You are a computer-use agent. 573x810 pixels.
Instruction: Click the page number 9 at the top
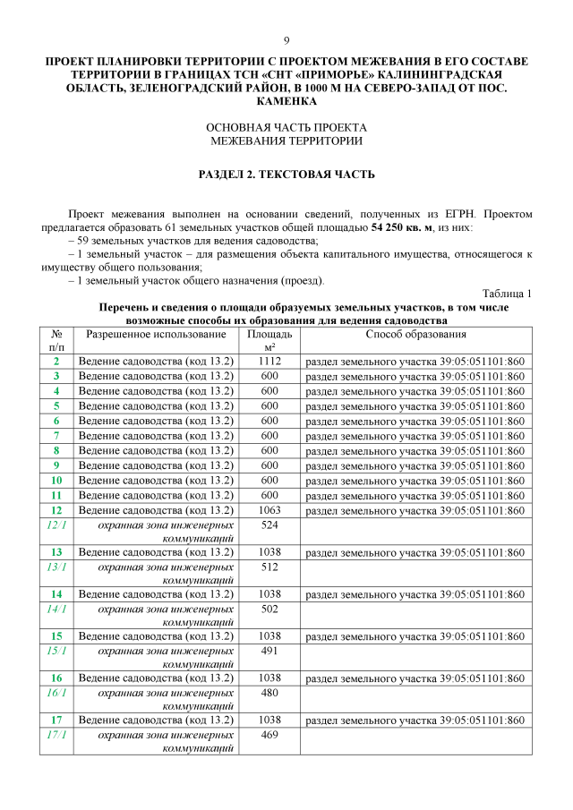286,41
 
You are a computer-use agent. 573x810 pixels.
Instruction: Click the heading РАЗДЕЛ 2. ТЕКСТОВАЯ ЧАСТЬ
286,174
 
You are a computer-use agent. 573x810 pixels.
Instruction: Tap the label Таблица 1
507,294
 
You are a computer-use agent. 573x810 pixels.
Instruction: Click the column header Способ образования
415,334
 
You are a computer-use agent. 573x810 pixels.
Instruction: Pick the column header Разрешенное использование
156,334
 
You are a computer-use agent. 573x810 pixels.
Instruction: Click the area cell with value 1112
269,361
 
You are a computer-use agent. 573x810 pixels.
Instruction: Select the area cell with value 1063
269,510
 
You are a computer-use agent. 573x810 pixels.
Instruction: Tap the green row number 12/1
56,525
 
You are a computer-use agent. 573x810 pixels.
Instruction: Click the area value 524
269,525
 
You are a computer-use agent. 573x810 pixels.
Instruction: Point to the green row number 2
56,361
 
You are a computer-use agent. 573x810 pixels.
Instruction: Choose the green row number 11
56,495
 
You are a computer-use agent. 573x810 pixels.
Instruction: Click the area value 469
269,735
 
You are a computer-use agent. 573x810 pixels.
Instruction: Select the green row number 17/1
56,735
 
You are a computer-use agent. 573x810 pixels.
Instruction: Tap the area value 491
269,651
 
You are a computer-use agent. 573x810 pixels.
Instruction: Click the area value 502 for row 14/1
269,609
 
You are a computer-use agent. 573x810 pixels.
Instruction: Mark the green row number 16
56,678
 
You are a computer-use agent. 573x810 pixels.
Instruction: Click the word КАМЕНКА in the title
286,102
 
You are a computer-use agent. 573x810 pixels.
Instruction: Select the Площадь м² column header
269,340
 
